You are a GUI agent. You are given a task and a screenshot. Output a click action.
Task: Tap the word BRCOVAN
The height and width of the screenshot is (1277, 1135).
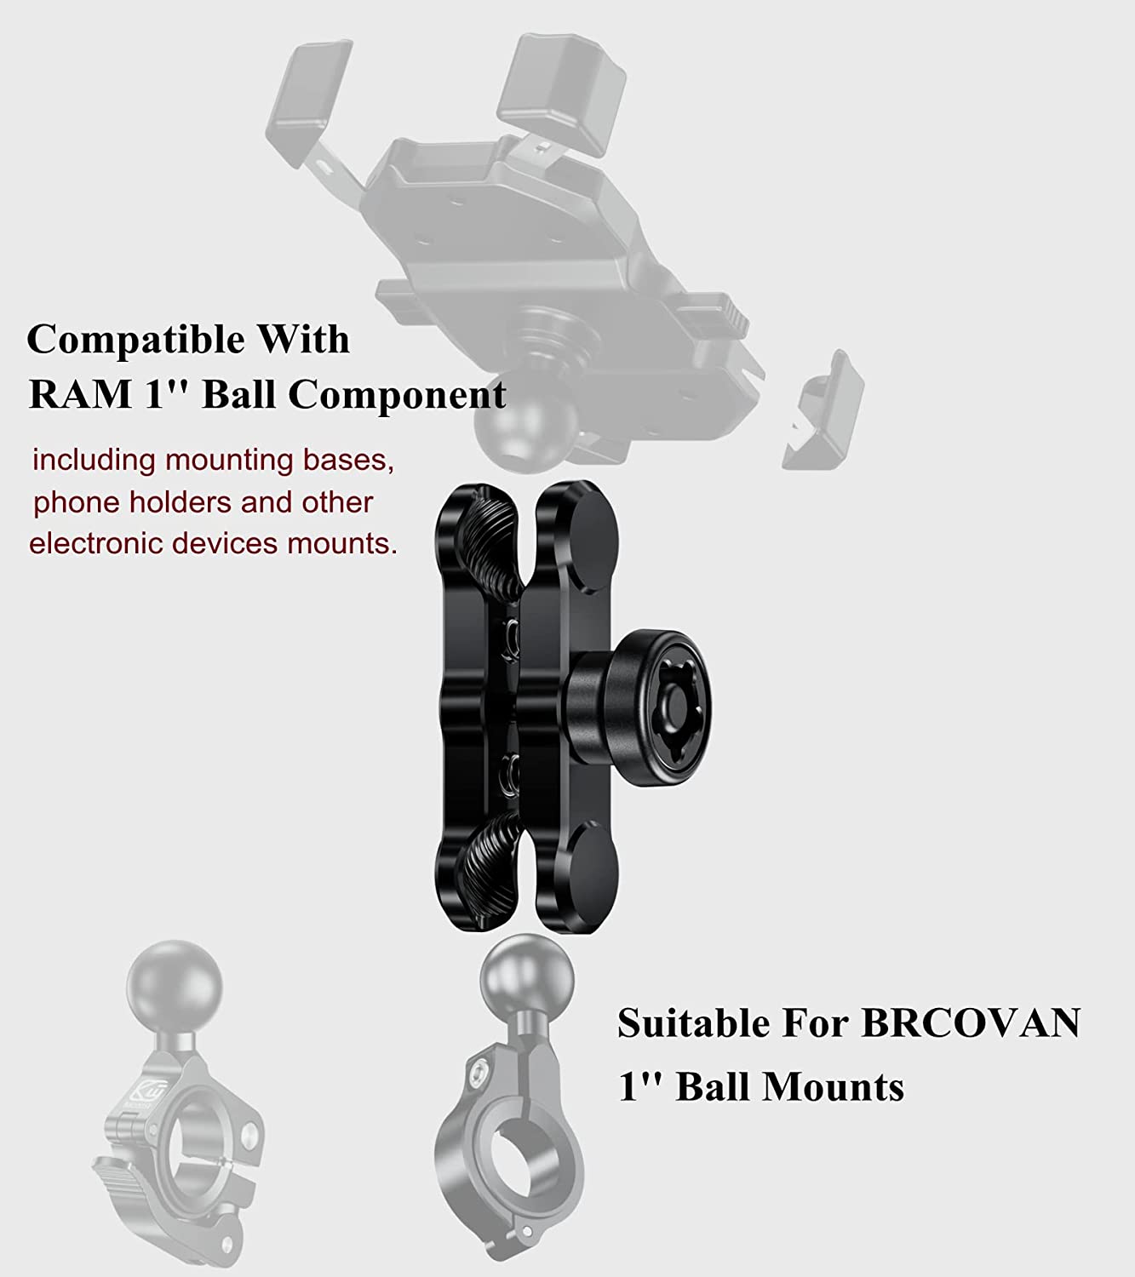pos(971,1022)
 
